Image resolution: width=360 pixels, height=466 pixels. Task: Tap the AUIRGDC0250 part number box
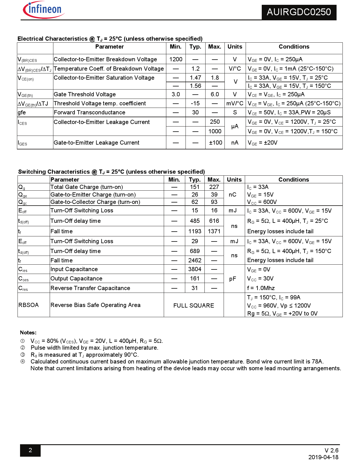299,12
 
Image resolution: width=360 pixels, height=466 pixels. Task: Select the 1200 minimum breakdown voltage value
176,59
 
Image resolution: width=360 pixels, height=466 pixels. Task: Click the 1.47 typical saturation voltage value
195,78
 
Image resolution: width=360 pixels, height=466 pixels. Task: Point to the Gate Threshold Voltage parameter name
85,94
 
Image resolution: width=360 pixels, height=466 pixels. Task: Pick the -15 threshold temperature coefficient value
195,103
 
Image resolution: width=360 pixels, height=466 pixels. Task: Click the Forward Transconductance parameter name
90,112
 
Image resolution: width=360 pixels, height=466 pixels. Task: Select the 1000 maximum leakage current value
215,131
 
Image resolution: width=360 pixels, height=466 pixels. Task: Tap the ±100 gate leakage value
215,143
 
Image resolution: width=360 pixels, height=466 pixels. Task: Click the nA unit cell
235,143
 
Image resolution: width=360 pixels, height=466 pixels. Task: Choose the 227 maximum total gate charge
214,187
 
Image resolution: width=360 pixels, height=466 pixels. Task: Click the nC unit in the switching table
232,195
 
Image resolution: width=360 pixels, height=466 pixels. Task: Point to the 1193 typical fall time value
195,231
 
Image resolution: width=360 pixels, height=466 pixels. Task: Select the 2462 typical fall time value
195,260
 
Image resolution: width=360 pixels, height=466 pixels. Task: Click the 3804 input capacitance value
195,269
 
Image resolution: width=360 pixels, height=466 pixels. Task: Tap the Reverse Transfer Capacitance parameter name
90,288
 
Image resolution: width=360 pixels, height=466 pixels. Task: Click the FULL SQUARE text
194,306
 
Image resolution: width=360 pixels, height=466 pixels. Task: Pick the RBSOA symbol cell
29,305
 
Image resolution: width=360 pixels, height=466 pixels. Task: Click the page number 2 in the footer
30,450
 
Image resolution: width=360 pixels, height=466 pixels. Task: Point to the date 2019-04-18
323,457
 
